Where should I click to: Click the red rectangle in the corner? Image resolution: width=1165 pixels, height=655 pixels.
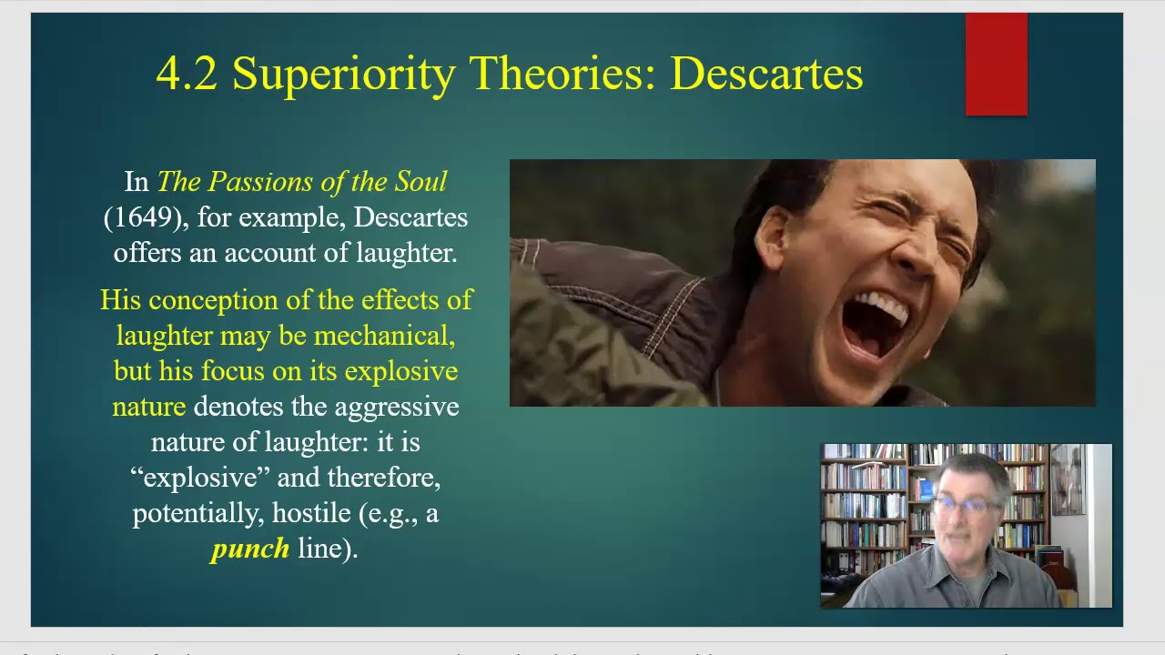(996, 65)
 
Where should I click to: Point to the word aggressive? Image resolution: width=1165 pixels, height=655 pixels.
(396, 407)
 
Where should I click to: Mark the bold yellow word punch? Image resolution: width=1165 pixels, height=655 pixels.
(249, 549)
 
